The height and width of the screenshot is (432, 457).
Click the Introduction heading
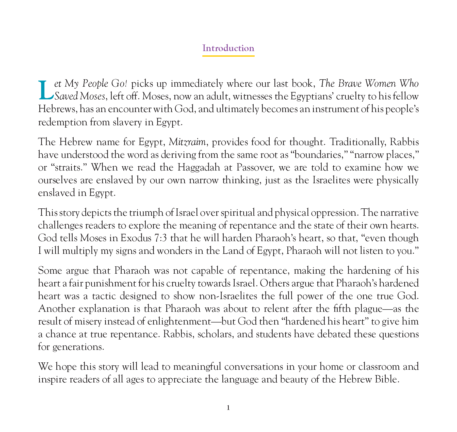coord(228,48)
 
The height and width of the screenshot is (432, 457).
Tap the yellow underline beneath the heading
coord(228,56)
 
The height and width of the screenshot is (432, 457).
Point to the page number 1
coord(228,408)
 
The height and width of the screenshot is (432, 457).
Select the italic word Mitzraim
coord(187,142)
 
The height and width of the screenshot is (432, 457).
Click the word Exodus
coord(136,238)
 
